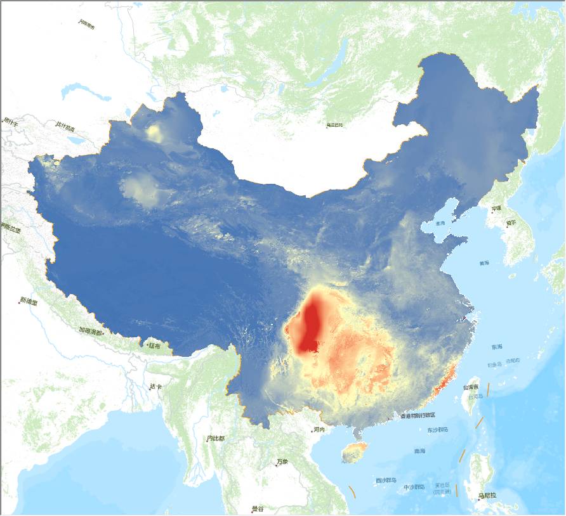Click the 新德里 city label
(x=29, y=301)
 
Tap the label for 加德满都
(x=90, y=330)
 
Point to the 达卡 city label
(x=156, y=386)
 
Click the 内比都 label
(x=216, y=438)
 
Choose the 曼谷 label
(x=258, y=508)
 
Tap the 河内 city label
(x=319, y=429)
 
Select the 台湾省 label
(x=470, y=387)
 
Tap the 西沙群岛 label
(x=386, y=480)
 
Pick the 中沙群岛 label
(x=414, y=487)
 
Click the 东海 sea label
(x=496, y=347)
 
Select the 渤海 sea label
(x=440, y=223)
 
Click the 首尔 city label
(x=511, y=223)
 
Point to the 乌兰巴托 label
(x=334, y=125)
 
